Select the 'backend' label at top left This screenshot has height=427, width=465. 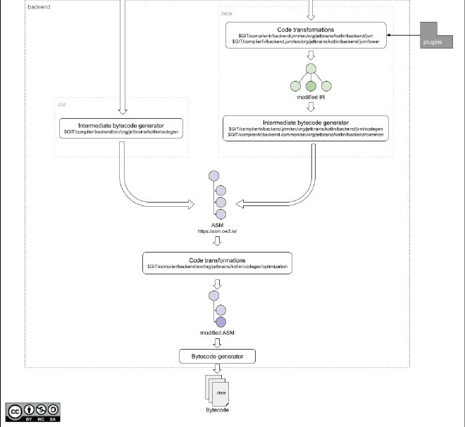38,6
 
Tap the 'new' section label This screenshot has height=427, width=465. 227,13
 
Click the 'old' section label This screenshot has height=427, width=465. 62,105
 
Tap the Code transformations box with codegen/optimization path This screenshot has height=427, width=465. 217,263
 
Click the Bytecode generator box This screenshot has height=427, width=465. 217,357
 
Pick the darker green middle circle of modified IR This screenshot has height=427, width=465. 311,86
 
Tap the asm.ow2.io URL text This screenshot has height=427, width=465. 217,231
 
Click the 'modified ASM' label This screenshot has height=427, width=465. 217,331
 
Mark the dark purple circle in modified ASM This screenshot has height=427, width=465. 221,321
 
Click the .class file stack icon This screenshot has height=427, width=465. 217,390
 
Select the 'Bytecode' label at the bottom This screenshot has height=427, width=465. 217,409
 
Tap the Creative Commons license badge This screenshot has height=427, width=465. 33,412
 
